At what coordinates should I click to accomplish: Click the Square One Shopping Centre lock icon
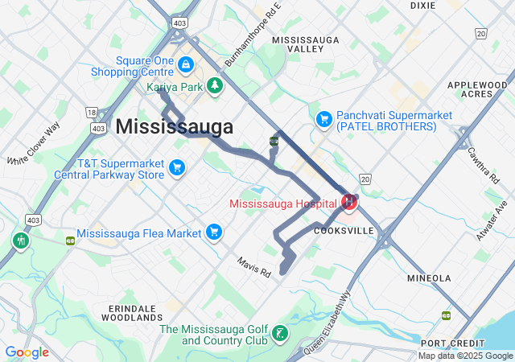point(186,64)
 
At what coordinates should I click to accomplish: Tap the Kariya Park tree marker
point(215,85)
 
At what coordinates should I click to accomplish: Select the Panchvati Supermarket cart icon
point(323,118)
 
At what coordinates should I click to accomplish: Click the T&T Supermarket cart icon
point(177,167)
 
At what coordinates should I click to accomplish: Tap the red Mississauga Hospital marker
point(349,203)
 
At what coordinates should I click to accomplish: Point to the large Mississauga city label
point(175,127)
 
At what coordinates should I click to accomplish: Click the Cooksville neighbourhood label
point(344,230)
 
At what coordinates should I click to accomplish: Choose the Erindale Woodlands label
point(131,313)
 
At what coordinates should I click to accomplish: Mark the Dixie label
point(422,5)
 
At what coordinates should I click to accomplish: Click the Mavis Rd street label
point(254,268)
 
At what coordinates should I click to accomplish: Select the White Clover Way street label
point(34,143)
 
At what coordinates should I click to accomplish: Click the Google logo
point(27,352)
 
